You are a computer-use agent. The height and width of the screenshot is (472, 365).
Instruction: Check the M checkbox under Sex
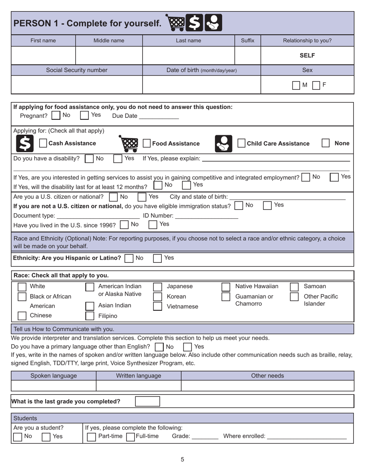pos(296,85)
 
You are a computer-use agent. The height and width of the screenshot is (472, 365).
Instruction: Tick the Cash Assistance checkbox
pos(43,143)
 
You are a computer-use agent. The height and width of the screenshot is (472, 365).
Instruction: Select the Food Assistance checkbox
pos(146,143)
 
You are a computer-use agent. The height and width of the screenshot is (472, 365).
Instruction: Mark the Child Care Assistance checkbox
pos(241,143)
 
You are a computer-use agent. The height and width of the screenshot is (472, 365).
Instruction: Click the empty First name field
pos(43,55)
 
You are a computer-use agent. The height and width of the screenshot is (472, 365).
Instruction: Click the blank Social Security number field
pos(77,84)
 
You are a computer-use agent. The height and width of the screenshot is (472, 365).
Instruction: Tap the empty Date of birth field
pos(201,84)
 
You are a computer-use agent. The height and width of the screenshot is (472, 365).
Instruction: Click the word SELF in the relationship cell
pos(307,55)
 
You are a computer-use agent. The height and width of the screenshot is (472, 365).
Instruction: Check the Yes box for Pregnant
pos(84,115)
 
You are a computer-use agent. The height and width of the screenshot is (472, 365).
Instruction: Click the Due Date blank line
pos(159,116)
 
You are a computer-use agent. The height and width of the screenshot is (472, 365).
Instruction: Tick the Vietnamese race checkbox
pos(157,306)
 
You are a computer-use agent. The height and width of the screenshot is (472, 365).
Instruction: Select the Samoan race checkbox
pos(294,287)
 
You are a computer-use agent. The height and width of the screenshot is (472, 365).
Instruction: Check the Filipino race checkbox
pos(89,316)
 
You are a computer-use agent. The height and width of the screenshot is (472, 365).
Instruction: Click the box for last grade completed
pos(147,401)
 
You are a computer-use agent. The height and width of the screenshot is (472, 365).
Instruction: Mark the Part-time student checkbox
pos(91,437)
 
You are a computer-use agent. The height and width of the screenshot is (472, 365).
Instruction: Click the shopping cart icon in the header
pos(175,23)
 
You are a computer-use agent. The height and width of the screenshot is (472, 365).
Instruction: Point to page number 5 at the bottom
pos(182,459)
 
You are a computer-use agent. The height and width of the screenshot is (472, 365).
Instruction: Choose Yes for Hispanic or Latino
pos(157,258)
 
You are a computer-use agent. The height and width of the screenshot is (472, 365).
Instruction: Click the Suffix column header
pos(247,40)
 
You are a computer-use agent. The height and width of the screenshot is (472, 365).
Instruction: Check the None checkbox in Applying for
pos(325,143)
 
